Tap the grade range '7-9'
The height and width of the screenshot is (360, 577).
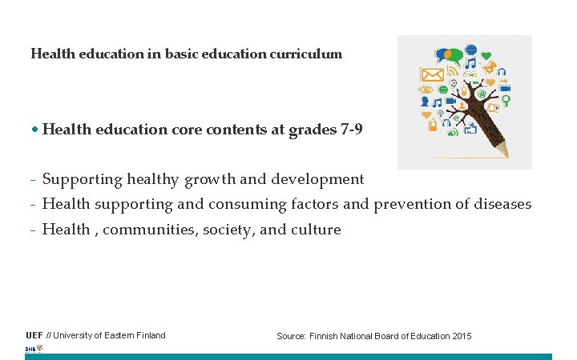(351, 129)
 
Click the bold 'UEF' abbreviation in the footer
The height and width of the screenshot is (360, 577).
(34, 335)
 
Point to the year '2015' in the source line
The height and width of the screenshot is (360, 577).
(462, 336)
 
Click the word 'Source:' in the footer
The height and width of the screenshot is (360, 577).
(291, 336)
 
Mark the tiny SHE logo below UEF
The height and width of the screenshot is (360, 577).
(34, 349)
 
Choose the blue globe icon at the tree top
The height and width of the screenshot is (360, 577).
(471, 50)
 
